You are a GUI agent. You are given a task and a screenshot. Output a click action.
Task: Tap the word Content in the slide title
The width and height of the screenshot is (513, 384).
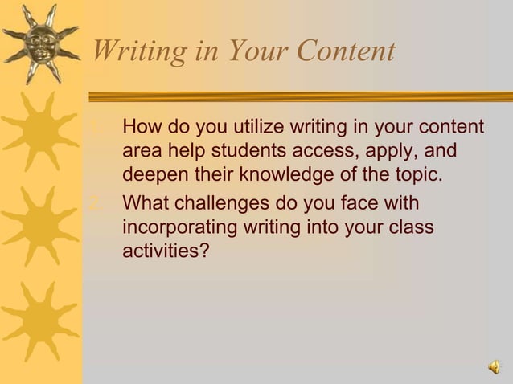[346, 51]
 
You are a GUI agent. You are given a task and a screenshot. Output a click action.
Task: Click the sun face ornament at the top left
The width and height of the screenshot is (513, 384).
[40, 42]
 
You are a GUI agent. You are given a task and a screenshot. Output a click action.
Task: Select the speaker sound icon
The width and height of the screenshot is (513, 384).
[492, 368]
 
